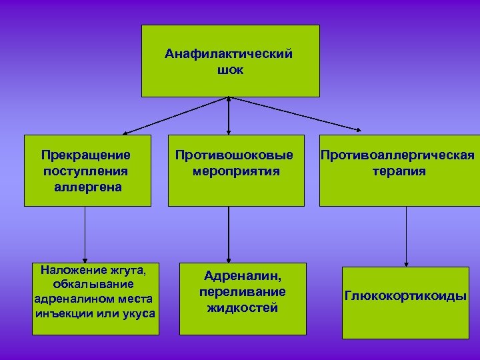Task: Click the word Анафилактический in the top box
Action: [x=229, y=54]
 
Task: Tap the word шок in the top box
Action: [x=229, y=69]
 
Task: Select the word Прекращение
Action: [x=85, y=155]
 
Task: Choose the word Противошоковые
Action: [x=234, y=155]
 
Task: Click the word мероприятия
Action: [x=235, y=171]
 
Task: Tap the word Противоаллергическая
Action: [x=398, y=155]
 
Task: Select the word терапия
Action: [x=399, y=171]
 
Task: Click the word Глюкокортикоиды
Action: [x=405, y=296]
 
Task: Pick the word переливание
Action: [x=243, y=292]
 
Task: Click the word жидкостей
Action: [x=243, y=308]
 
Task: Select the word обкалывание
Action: [x=89, y=284]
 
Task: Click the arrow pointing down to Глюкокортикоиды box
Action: [x=406, y=237]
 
